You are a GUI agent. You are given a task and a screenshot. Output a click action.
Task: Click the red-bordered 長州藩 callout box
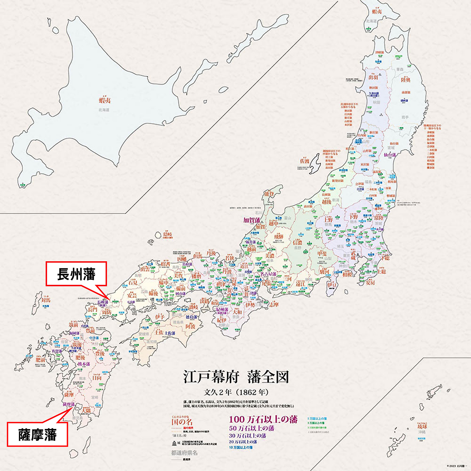76,274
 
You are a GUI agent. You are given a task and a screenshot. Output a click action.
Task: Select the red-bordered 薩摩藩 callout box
38,435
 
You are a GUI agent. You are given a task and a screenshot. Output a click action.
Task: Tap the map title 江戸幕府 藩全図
236,377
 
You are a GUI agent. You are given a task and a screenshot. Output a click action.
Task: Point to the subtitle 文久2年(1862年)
236,392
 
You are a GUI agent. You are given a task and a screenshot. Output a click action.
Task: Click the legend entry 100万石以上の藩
263,419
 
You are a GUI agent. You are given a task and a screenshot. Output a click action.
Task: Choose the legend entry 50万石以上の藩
251,428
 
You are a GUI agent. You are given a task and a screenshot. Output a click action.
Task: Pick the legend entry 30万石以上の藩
247,436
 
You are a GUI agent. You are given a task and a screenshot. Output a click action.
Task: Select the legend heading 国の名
182,422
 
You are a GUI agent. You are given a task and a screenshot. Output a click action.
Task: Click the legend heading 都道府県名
184,453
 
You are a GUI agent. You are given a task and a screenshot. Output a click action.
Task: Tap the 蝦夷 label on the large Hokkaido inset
105,100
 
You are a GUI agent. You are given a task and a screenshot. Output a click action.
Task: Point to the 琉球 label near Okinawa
422,426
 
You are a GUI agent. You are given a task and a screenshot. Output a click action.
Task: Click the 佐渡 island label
305,161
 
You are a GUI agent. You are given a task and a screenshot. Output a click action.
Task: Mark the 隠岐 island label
168,234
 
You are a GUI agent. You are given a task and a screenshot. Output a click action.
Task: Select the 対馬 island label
46,300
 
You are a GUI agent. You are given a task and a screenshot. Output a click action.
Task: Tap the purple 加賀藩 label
252,220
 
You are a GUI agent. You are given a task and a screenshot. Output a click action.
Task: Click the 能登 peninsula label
269,194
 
